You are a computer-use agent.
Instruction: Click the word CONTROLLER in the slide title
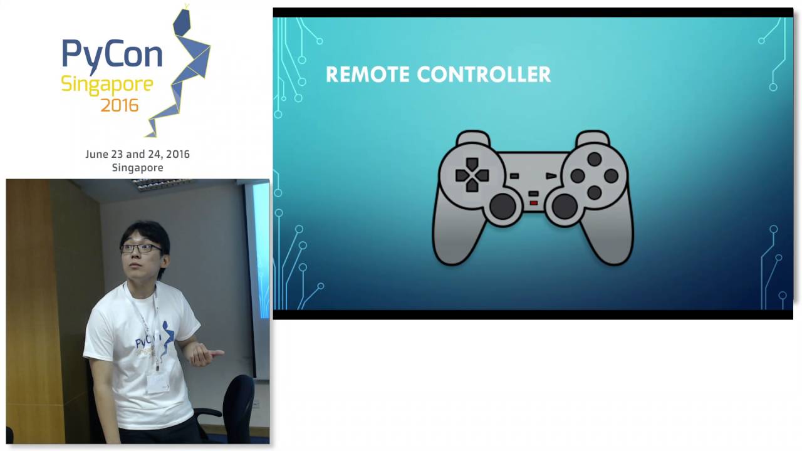coord(484,75)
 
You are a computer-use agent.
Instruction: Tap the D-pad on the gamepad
coord(472,175)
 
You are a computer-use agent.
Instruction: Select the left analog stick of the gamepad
coord(503,205)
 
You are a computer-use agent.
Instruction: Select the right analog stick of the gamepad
coord(564,205)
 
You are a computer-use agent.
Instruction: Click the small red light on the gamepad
coord(533,202)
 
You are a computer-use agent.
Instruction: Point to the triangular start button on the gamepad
coord(551,176)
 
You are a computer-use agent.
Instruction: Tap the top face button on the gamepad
coord(594,160)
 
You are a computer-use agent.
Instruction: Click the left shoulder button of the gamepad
coord(473,137)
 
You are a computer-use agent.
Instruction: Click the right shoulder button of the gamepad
coord(592,137)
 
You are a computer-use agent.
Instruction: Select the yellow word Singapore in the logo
coord(107,84)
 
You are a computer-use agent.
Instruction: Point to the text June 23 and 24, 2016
coord(137,154)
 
